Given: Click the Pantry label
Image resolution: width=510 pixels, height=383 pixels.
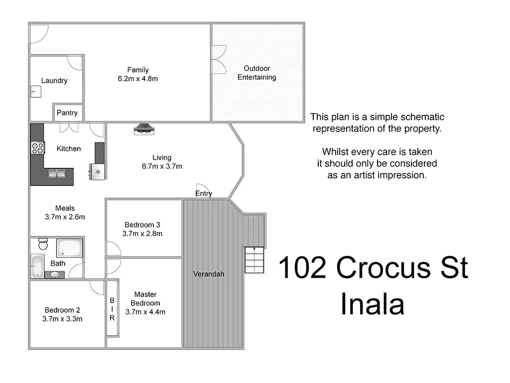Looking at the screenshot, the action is [67, 113].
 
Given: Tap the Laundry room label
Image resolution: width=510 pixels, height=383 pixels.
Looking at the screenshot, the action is [54, 80].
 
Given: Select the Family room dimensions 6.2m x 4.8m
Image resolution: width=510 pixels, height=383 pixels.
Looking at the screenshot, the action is [138, 78].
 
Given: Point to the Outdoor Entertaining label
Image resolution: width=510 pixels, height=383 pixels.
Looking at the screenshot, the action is [256, 73].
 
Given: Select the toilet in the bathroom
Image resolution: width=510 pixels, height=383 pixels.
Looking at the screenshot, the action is [43, 244].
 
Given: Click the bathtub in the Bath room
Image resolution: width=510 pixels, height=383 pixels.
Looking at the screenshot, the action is [37, 265].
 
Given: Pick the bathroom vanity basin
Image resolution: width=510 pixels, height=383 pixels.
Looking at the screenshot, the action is [55, 274].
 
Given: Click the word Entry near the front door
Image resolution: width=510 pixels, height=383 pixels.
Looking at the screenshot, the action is [204, 193].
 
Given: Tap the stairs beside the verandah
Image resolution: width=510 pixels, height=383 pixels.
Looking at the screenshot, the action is [254, 260].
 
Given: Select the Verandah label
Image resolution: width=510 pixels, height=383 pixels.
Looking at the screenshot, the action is [209, 274].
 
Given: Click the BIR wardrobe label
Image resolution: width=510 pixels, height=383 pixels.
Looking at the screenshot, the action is [112, 309].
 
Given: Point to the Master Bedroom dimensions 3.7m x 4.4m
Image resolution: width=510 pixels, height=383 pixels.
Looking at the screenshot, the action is [145, 312].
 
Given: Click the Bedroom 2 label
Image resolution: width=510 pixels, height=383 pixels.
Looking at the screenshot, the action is [62, 310].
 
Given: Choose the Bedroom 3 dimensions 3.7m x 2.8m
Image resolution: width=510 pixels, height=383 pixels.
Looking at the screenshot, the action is [142, 233].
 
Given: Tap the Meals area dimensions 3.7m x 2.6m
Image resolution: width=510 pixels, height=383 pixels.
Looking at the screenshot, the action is [65, 216].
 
